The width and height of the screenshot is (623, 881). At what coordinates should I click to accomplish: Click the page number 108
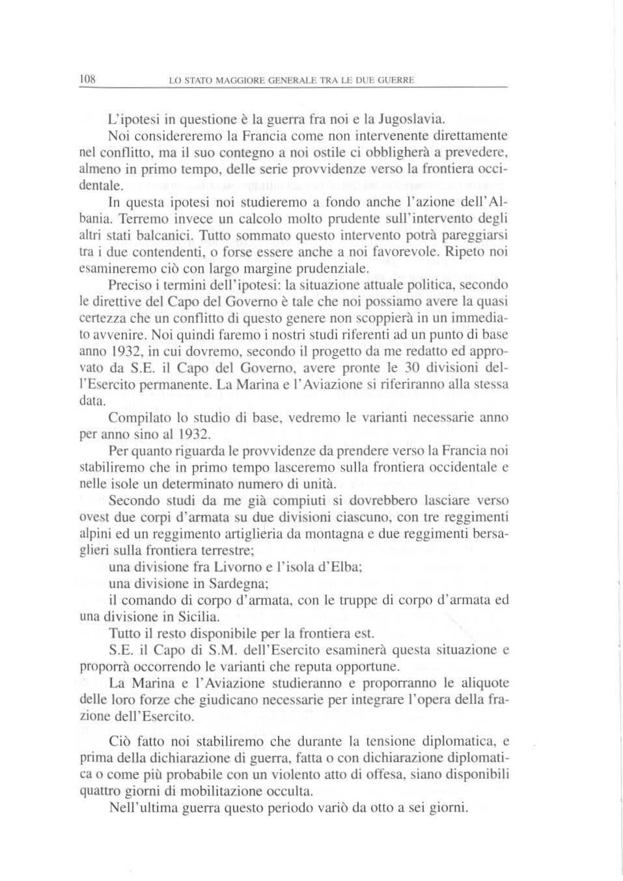point(87,79)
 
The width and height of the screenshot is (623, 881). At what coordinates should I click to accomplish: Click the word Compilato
point(138,417)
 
